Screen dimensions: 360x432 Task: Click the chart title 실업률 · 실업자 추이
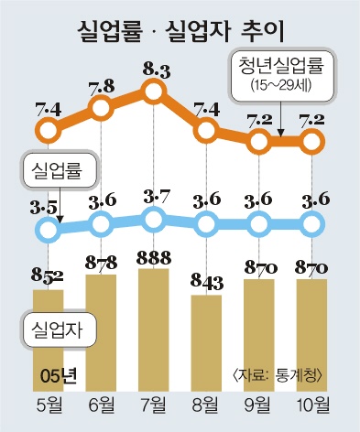pyautogui.click(x=180, y=31)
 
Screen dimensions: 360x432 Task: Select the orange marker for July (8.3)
pyautogui.click(x=154, y=92)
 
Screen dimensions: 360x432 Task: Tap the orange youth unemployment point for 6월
pyautogui.click(x=101, y=107)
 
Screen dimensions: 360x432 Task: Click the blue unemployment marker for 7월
pyautogui.click(x=154, y=219)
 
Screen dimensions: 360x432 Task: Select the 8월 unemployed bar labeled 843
pyautogui.click(x=206, y=343)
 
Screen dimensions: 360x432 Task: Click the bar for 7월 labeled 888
pyautogui.click(x=154, y=329)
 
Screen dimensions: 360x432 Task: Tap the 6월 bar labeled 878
pyautogui.click(x=101, y=333)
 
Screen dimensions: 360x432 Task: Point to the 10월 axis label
pyautogui.click(x=313, y=405)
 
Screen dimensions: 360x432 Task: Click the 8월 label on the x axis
pyautogui.click(x=206, y=405)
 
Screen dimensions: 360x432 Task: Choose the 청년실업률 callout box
pyautogui.click(x=283, y=75)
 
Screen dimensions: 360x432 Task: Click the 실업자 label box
pyautogui.click(x=59, y=329)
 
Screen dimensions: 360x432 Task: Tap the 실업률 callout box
pyautogui.click(x=60, y=170)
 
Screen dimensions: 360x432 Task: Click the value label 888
pyautogui.click(x=154, y=258)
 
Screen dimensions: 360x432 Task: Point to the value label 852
pyautogui.click(x=47, y=276)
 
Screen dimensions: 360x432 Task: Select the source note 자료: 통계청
pyautogui.click(x=278, y=375)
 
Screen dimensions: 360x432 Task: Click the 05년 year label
pyautogui.click(x=59, y=376)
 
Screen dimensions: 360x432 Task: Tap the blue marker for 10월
pyautogui.click(x=312, y=225)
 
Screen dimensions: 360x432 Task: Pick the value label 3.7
pyautogui.click(x=157, y=199)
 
